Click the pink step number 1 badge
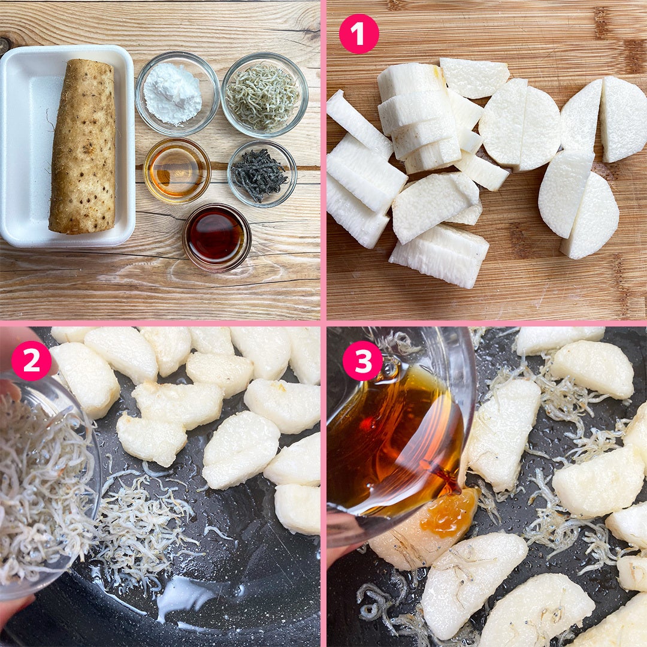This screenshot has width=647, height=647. [359, 34]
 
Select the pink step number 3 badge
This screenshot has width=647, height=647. [362, 361]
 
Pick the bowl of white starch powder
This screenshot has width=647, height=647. [177, 93]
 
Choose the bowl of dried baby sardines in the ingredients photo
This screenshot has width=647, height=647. [265, 95]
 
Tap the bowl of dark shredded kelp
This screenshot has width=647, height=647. [262, 174]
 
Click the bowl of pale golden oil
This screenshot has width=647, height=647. [177, 171]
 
